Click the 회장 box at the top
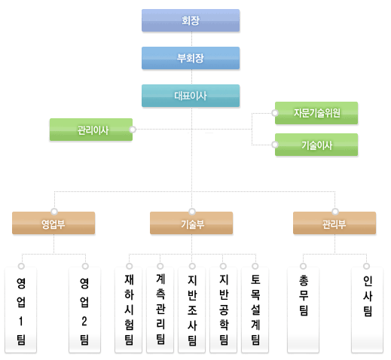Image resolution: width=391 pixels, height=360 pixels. coord(191,20)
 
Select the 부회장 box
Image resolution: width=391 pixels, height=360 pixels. coord(191,58)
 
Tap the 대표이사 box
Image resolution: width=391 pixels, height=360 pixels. coord(191,96)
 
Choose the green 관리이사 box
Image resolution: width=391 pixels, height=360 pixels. coord(91,130)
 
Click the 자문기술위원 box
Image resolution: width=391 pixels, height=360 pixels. coord(316,113)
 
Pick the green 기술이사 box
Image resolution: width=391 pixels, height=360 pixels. coord(316,145)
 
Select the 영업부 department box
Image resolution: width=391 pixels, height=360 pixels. coord(53,223)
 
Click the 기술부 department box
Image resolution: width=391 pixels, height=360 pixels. coord(191,223)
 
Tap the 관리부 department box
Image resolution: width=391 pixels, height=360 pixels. coord(334,223)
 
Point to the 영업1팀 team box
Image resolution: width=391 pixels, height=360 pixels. coord(21,310)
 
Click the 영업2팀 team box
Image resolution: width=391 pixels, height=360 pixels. coord(85,310)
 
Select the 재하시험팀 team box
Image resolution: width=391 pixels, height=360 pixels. coord(129,310)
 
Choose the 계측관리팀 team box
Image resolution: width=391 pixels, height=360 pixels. coord(160,310)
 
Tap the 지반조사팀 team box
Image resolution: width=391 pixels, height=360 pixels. coord(192,310)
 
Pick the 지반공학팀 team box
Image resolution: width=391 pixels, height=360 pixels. coord(224,310)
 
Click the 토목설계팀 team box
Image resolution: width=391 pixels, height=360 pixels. coord(255,310)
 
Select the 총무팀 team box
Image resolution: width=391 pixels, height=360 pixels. coord(304,310)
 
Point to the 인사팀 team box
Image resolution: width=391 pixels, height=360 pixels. coord(368,310)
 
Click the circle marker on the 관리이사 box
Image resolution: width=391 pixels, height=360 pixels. coord(133,130)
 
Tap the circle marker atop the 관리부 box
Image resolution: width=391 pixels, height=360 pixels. coord(335,212)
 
